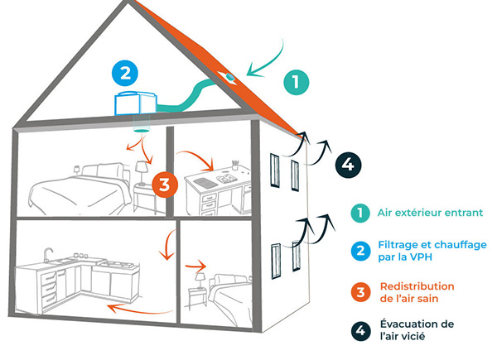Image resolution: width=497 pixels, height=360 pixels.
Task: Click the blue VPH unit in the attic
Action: click(135, 103)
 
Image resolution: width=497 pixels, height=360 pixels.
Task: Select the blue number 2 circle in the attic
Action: click(125, 73)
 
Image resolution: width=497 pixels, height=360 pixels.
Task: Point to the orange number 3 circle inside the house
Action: click(163, 185)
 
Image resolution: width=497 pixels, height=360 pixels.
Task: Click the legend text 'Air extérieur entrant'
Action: click(418, 213)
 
